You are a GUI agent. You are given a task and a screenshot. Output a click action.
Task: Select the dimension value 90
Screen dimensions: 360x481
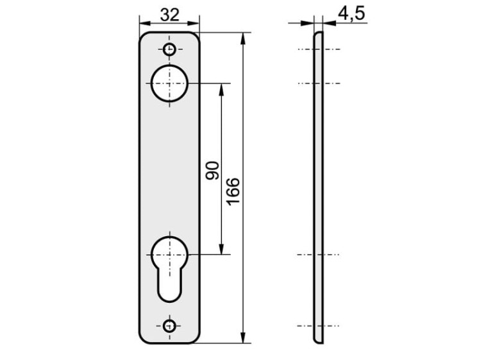click(x=213, y=170)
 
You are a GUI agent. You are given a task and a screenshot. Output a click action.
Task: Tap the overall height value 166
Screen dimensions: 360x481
click(x=233, y=191)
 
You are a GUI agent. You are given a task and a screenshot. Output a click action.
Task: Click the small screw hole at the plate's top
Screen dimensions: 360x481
click(x=169, y=49)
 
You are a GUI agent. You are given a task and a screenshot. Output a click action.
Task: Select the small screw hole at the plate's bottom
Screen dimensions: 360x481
click(x=169, y=325)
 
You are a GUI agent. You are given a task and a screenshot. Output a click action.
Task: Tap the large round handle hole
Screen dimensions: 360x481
click(x=169, y=83)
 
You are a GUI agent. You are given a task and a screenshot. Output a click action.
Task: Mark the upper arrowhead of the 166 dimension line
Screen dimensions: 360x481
click(x=243, y=36)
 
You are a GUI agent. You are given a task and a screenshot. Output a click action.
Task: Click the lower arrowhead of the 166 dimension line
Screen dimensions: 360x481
click(x=243, y=338)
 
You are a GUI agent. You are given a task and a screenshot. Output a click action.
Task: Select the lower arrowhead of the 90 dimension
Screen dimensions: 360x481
click(x=222, y=250)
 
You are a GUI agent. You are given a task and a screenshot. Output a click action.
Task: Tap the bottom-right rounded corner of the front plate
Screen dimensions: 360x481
click(x=196, y=338)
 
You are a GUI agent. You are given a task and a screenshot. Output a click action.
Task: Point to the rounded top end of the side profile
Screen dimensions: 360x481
click(x=316, y=35)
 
